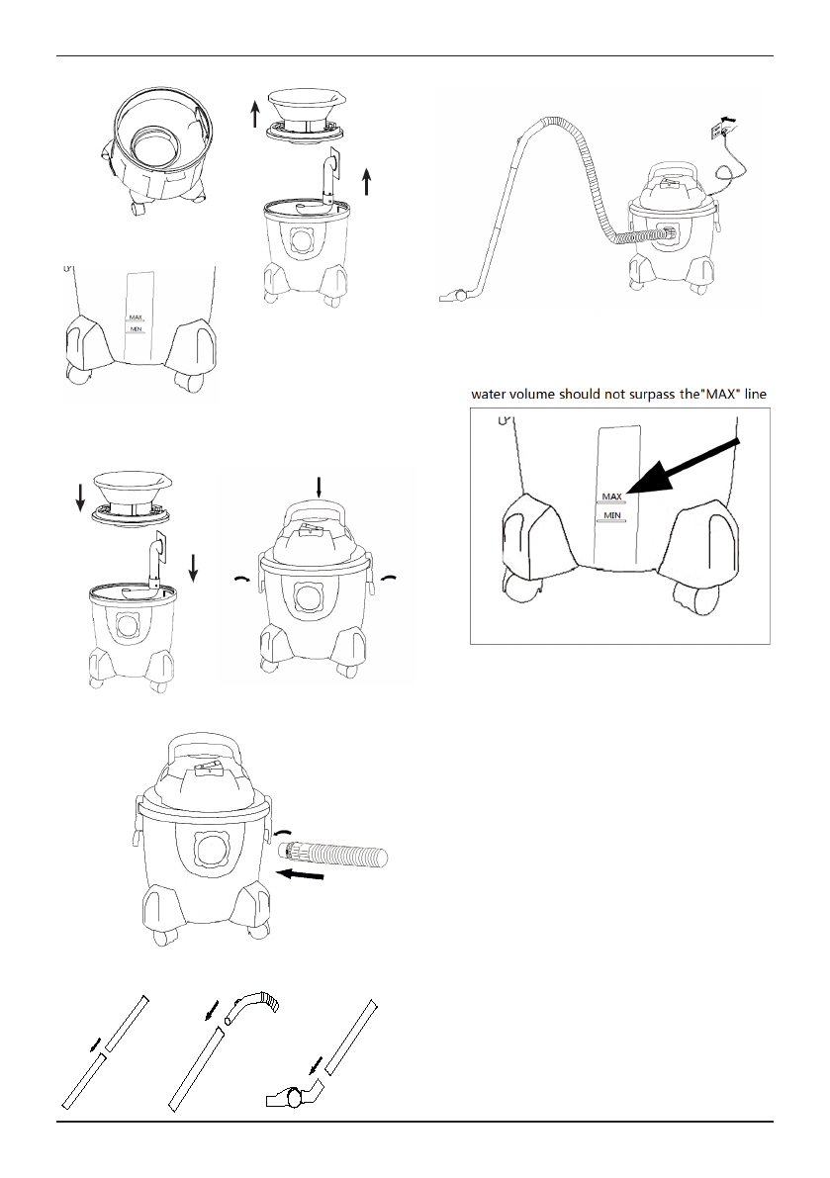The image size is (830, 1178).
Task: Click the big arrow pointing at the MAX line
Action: (683, 467)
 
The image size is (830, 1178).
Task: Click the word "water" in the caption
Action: (492, 394)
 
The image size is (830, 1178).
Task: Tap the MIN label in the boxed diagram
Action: (612, 515)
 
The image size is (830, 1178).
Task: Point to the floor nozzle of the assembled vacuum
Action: (456, 295)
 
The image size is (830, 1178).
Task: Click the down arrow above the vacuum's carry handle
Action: (319, 486)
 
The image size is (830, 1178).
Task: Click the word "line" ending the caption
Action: (754, 394)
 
